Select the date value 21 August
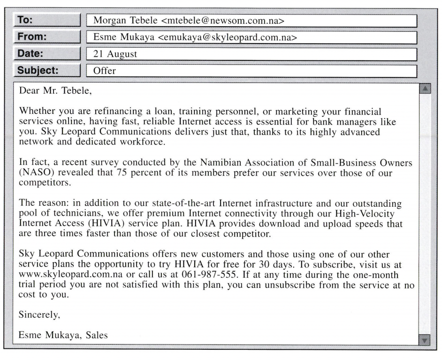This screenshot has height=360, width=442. click(x=115, y=54)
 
